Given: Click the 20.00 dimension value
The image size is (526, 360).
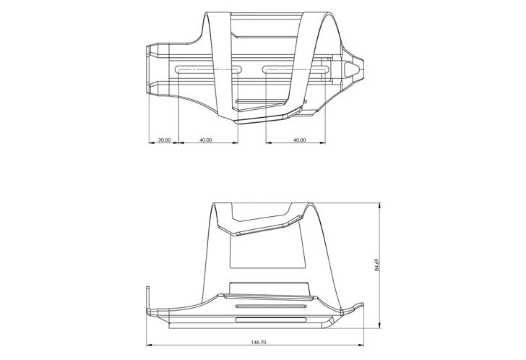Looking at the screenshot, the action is [x=164, y=140].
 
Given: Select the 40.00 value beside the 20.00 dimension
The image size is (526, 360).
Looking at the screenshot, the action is [x=206, y=140].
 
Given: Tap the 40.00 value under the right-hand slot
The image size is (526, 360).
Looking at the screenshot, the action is [x=300, y=140].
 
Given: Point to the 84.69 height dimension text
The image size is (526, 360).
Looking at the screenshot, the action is [x=376, y=265].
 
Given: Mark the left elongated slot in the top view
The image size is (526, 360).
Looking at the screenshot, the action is [x=207, y=69].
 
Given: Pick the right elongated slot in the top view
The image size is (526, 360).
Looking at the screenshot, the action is [x=296, y=69].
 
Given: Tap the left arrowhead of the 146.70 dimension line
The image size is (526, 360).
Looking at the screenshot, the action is [x=150, y=345].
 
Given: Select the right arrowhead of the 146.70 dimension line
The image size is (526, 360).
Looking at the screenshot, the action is [x=361, y=345].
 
